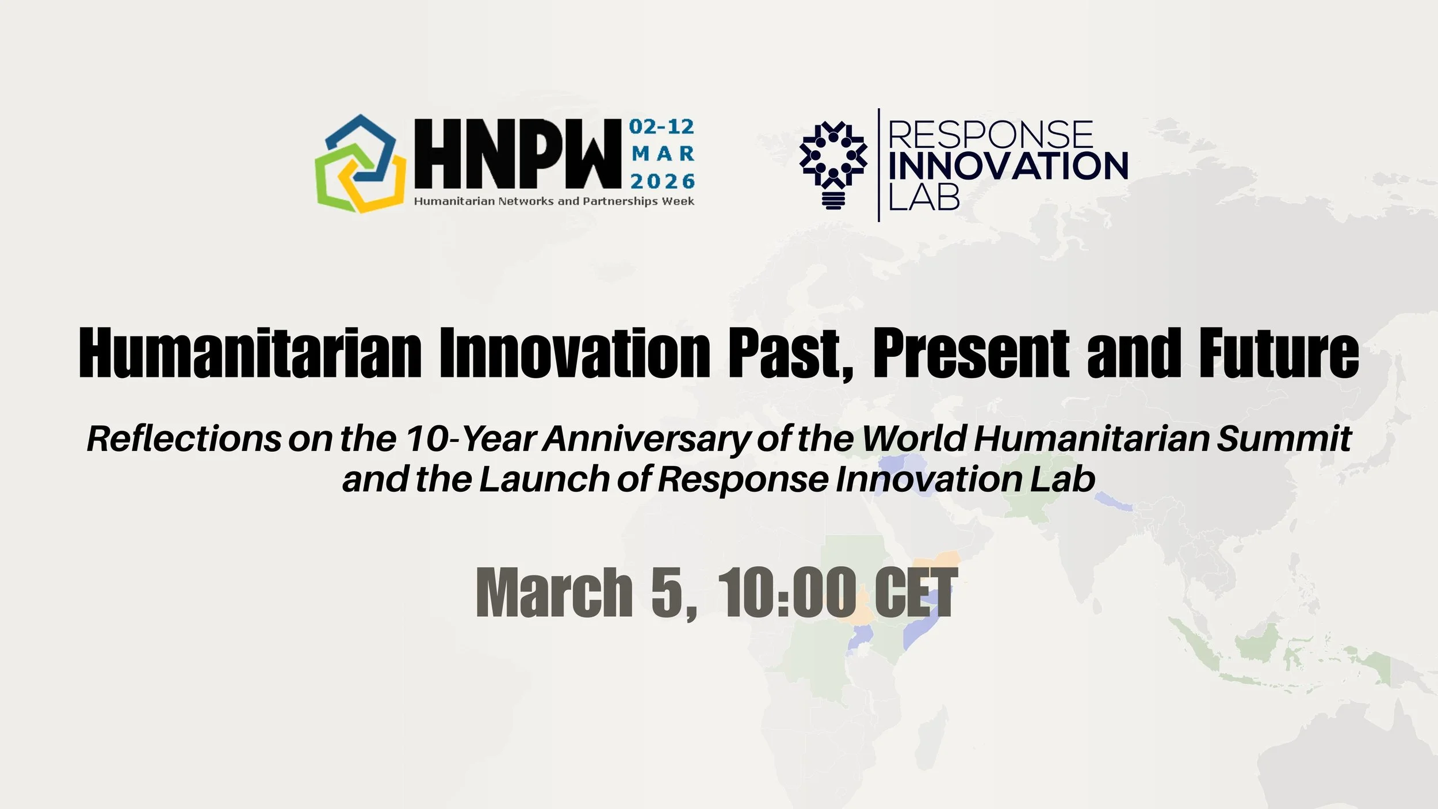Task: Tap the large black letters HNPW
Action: pyautogui.click(x=518, y=154)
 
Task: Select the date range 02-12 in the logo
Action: pyautogui.click(x=661, y=127)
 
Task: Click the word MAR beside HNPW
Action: pyautogui.click(x=663, y=154)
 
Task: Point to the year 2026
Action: pyautogui.click(x=663, y=181)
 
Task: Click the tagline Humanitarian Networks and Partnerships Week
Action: pyautogui.click(x=554, y=201)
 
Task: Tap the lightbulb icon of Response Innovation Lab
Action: pyautogui.click(x=833, y=165)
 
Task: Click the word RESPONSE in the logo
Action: pyautogui.click(x=990, y=135)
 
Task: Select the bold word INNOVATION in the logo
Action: pyautogui.click(x=1008, y=166)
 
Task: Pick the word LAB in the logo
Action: pyautogui.click(x=924, y=197)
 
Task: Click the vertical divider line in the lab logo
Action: pyautogui.click(x=878, y=165)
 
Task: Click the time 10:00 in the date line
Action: pyautogui.click(x=787, y=593)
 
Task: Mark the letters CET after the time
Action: pyautogui.click(x=916, y=593)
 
